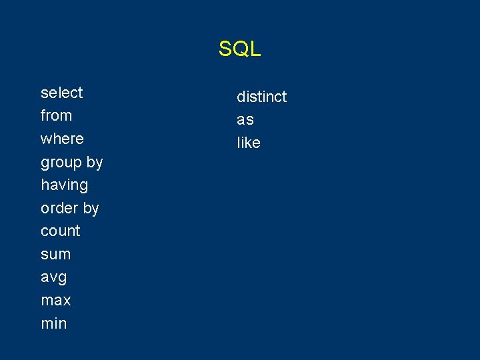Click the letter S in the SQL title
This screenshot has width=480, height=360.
(x=225, y=49)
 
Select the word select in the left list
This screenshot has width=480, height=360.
(x=62, y=93)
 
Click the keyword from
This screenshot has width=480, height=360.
(x=56, y=115)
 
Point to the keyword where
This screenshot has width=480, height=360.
(x=62, y=139)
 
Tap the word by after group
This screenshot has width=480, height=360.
(x=95, y=162)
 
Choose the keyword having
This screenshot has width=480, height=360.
(x=64, y=185)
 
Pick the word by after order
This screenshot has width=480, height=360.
(x=91, y=209)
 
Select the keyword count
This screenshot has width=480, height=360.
(x=60, y=231)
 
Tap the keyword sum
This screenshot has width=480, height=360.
(x=55, y=255)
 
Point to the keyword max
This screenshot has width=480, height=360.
(x=56, y=301)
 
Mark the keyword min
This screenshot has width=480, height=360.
(x=54, y=323)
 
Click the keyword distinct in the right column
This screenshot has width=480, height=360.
(x=261, y=97)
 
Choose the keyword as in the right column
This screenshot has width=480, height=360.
(x=245, y=120)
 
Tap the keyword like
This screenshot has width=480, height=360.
(x=248, y=143)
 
